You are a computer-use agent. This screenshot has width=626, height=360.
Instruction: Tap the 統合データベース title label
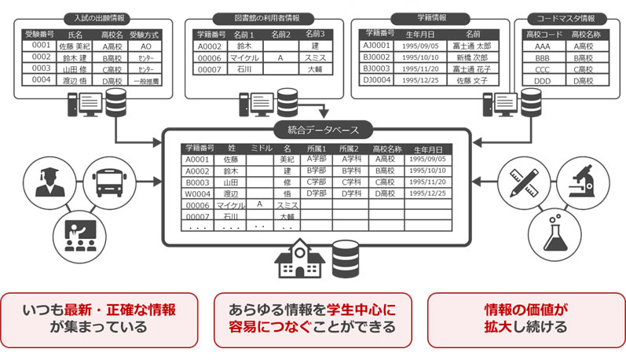[x=315, y=131]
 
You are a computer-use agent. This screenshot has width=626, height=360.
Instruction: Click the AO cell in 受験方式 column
[x=145, y=46]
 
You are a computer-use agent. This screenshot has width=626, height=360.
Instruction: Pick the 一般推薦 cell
[x=145, y=81]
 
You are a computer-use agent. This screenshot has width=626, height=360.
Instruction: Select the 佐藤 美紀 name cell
[x=75, y=46]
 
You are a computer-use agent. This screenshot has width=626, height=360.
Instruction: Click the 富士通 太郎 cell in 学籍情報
[x=472, y=46]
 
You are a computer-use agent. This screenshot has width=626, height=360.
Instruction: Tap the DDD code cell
[x=543, y=81]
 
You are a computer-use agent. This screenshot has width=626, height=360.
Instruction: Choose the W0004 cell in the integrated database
[x=196, y=193]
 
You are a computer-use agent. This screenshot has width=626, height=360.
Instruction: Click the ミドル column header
[x=259, y=149]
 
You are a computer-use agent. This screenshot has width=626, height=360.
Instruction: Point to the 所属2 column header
[x=350, y=149]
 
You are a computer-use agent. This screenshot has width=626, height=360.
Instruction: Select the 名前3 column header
[x=314, y=35]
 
